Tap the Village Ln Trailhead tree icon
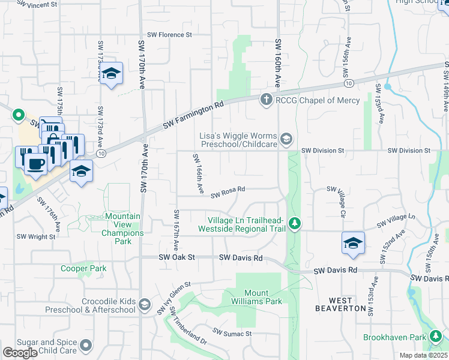click(x=294, y=224)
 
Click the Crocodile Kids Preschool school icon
click(x=144, y=305)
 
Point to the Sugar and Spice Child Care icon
click(x=86, y=346)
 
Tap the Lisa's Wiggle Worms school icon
click(x=286, y=139)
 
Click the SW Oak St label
click(x=177, y=257)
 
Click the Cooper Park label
click(x=83, y=268)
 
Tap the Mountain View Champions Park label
click(x=122, y=229)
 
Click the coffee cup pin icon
click(x=36, y=163)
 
